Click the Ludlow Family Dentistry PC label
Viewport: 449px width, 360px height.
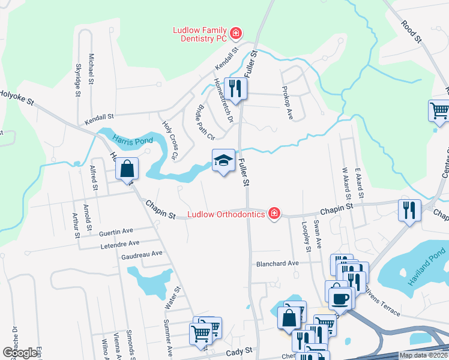(x=200, y=35)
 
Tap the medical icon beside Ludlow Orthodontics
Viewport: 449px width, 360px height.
(x=274, y=214)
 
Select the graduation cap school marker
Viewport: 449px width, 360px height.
(x=223, y=160)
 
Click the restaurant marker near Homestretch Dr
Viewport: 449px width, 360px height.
(x=235, y=89)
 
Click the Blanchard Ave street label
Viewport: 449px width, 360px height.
(x=277, y=263)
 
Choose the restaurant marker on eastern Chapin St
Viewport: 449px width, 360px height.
(x=409, y=211)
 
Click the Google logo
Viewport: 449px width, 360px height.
(x=20, y=353)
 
